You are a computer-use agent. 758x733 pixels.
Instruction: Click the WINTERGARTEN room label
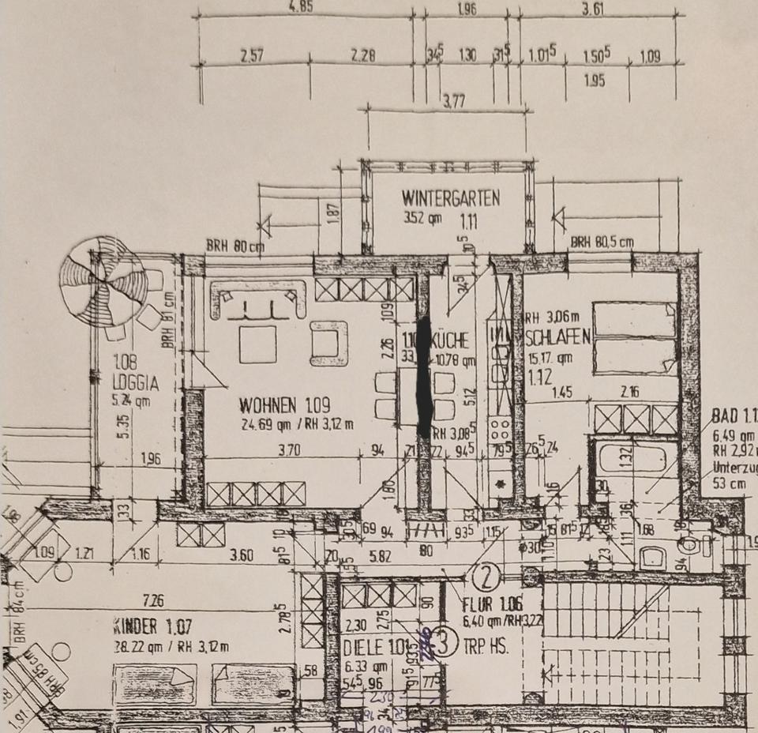click(x=450, y=198)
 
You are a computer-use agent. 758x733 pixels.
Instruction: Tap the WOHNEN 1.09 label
click(x=268, y=405)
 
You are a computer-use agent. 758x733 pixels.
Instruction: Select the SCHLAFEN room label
click(x=557, y=337)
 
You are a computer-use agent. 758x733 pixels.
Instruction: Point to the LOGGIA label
click(x=135, y=384)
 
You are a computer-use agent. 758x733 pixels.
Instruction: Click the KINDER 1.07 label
click(x=152, y=630)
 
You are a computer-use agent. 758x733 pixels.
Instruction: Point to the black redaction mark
click(x=424, y=378)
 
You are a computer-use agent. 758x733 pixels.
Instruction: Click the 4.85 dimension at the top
click(x=301, y=6)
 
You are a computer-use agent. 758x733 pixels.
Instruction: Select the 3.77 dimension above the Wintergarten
click(x=453, y=100)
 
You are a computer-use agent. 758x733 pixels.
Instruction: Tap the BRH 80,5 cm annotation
click(x=602, y=242)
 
